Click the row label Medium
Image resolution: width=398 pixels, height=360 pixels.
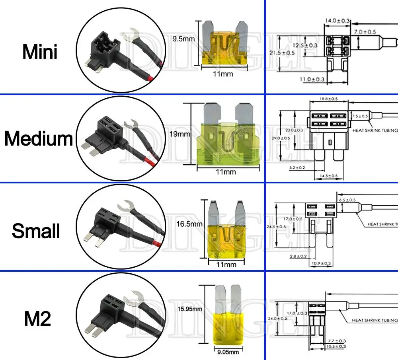(39, 138)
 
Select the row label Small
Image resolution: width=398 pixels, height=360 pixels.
(36, 231)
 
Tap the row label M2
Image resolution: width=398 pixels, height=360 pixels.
(37, 319)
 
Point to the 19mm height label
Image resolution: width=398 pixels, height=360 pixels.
(179, 134)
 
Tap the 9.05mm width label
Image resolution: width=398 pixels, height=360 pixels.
(228, 352)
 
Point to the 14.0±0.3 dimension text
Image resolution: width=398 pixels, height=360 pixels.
(338, 20)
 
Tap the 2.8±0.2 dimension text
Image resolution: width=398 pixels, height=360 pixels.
(298, 256)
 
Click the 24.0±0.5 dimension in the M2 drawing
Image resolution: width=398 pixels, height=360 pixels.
(277, 318)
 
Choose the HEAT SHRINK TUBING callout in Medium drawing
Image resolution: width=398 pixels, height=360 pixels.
(374, 130)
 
